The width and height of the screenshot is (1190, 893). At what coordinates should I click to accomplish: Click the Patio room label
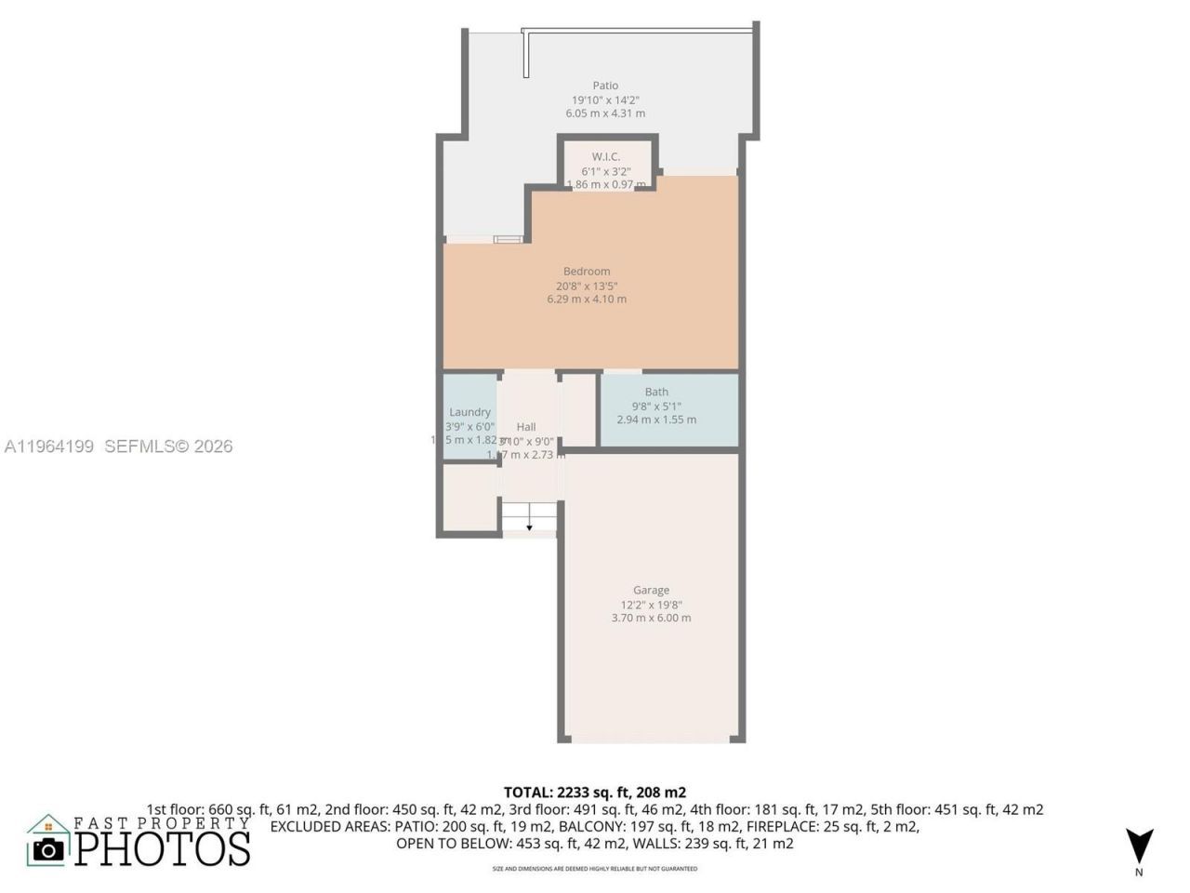click(605, 86)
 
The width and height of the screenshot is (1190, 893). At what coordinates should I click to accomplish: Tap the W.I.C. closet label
click(605, 156)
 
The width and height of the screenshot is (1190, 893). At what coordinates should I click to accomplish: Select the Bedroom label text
click(587, 272)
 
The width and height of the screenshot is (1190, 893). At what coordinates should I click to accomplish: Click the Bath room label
click(656, 392)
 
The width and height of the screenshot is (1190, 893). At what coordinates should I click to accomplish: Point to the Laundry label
click(469, 412)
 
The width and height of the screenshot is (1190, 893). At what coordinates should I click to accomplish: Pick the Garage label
click(651, 590)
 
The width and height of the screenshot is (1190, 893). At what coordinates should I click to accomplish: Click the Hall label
click(526, 427)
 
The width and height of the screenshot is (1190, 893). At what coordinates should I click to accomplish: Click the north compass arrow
click(1139, 845)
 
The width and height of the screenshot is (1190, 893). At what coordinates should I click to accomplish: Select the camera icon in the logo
click(48, 848)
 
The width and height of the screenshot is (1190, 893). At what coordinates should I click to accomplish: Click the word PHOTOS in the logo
click(163, 848)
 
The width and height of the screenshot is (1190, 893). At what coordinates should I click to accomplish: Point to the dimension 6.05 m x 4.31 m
click(605, 113)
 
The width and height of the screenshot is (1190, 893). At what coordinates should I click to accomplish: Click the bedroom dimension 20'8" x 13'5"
click(587, 286)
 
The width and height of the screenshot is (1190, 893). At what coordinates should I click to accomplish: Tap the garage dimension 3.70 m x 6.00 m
click(651, 618)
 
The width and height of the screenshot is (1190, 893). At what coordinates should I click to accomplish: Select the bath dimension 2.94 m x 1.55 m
click(656, 420)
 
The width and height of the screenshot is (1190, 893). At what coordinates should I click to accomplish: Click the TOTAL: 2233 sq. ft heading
click(595, 793)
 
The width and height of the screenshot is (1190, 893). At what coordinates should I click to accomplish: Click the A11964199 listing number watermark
click(49, 446)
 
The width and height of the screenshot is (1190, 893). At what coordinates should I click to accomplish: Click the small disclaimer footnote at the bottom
click(595, 869)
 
